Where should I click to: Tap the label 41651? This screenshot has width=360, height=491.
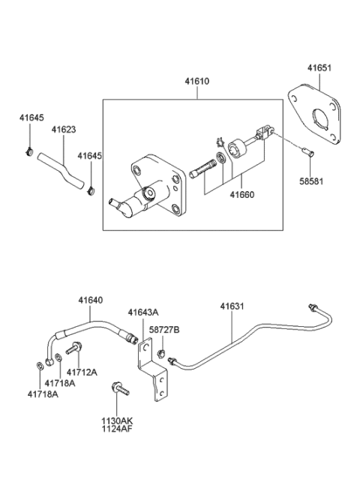click(318, 67)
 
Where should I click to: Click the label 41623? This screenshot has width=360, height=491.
click(63, 129)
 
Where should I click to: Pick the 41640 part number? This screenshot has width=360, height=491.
click(91, 300)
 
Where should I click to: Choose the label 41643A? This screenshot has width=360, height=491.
click(142, 312)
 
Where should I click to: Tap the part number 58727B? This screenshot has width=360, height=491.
click(165, 330)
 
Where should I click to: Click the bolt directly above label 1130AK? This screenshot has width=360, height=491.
click(119, 389)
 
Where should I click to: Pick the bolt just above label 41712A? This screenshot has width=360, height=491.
click(74, 349)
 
